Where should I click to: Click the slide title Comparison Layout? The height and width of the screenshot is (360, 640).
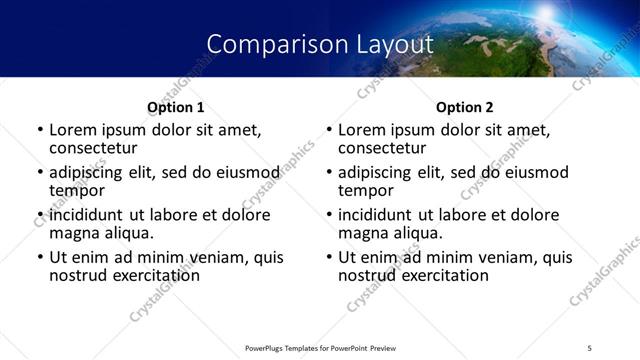click(x=320, y=44)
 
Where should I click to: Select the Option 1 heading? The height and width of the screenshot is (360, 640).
click(x=176, y=107)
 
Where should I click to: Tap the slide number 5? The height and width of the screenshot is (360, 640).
click(x=590, y=348)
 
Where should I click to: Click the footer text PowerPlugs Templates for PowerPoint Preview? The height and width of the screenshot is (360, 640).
click(x=320, y=348)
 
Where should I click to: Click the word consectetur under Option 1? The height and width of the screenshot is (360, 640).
click(x=93, y=148)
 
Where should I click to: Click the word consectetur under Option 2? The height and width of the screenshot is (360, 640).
click(x=382, y=148)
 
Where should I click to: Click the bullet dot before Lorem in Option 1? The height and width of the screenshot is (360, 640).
click(x=40, y=130)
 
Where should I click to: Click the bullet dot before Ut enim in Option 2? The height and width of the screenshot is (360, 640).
click(x=329, y=257)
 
